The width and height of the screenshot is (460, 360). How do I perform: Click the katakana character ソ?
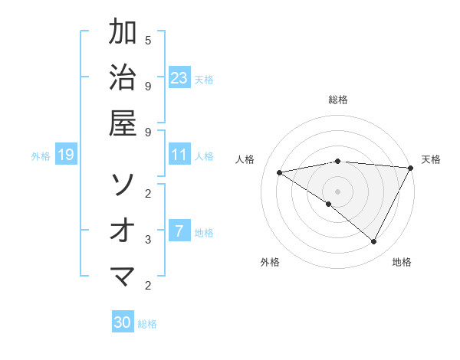click(123, 184)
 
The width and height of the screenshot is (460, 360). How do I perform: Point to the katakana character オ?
click(123, 229)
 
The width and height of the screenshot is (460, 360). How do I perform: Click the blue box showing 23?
click(179, 77)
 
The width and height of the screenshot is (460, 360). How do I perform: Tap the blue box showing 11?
click(179, 155)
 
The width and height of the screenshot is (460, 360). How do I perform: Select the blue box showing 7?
click(179, 231)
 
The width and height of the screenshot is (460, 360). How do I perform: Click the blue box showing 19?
click(65, 155)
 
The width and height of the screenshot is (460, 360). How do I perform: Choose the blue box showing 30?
click(123, 322)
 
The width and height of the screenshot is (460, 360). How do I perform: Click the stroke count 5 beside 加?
click(148, 40)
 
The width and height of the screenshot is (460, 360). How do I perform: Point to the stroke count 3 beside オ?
click(148, 239)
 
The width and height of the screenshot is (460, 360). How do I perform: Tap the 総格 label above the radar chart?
click(338, 100)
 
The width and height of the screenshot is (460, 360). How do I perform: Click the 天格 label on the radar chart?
click(431, 159)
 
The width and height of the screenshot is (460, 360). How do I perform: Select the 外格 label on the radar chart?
click(270, 262)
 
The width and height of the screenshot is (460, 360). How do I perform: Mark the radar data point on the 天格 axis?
click(410, 168)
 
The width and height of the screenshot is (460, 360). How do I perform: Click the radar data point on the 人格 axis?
click(280, 172)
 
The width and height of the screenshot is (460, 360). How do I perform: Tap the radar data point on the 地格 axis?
click(374, 242)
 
